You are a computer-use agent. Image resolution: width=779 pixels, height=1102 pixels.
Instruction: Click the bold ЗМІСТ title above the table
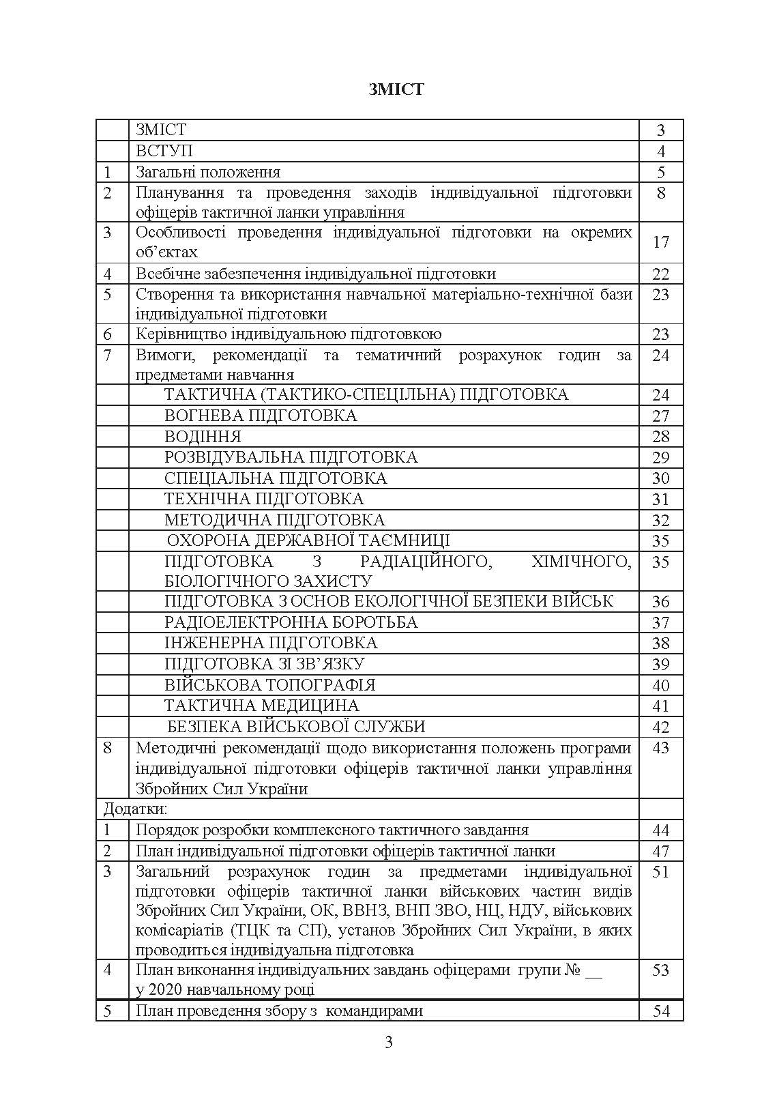(396, 89)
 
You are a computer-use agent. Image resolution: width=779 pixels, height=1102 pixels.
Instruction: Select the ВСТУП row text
(164, 151)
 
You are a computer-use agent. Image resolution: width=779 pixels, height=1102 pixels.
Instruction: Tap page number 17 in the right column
(660, 242)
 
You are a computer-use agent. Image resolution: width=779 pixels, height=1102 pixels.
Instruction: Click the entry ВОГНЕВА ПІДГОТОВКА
(261, 416)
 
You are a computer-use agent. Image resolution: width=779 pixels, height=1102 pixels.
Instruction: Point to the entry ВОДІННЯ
(203, 437)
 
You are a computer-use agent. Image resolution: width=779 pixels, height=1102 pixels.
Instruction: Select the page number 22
(660, 274)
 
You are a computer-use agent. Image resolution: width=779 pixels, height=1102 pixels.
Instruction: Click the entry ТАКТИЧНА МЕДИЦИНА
(262, 706)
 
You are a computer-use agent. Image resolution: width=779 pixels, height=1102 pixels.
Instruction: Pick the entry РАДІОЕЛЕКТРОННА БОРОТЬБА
(291, 622)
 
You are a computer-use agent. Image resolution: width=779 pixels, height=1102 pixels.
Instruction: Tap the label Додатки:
(135, 809)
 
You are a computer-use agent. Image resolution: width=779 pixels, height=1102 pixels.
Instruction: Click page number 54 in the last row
(661, 1011)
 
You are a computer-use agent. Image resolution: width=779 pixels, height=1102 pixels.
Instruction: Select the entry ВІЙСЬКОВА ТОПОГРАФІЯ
(270, 685)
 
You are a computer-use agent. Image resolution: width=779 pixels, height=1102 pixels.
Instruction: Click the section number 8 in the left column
(107, 748)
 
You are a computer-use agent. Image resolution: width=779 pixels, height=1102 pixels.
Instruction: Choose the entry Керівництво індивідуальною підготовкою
(289, 334)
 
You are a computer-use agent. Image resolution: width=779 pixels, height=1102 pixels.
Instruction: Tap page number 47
(660, 852)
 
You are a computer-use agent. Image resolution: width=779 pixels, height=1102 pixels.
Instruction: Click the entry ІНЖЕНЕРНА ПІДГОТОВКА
(271, 643)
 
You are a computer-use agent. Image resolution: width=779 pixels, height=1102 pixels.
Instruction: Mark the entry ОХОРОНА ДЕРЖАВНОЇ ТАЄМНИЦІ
(308, 541)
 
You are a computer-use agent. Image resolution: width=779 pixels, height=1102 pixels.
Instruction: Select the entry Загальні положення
(208, 172)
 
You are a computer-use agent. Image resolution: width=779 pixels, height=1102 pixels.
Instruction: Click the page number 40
(660, 685)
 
